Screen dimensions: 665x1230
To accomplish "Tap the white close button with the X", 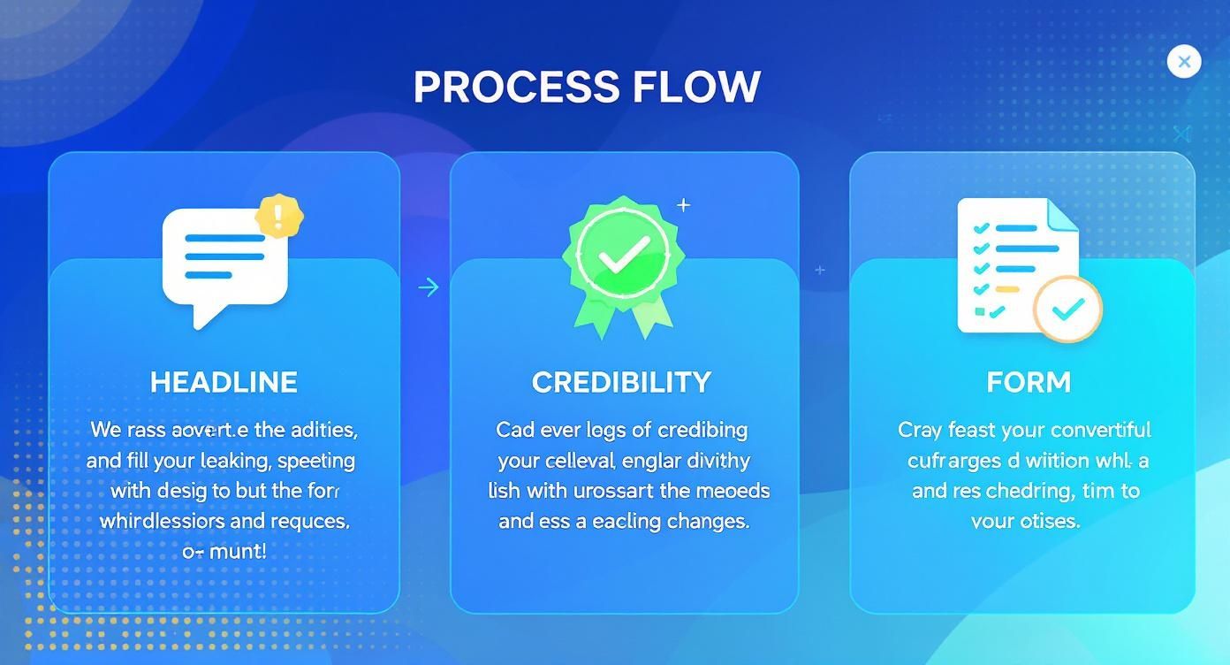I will [1183, 62].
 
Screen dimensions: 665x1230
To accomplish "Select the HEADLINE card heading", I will [224, 382].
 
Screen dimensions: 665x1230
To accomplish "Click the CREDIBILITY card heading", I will [621, 382].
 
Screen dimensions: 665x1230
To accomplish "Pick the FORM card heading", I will [1029, 382].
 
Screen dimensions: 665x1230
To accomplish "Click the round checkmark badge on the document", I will [1068, 309].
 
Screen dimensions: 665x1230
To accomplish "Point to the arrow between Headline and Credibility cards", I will [429, 287].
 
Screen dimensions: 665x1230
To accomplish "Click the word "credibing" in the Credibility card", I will [703, 431].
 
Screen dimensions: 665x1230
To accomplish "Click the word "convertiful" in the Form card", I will [1099, 431].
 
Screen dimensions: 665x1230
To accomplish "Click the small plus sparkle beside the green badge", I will [683, 205].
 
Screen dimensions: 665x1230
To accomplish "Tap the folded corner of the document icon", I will [1063, 215].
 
